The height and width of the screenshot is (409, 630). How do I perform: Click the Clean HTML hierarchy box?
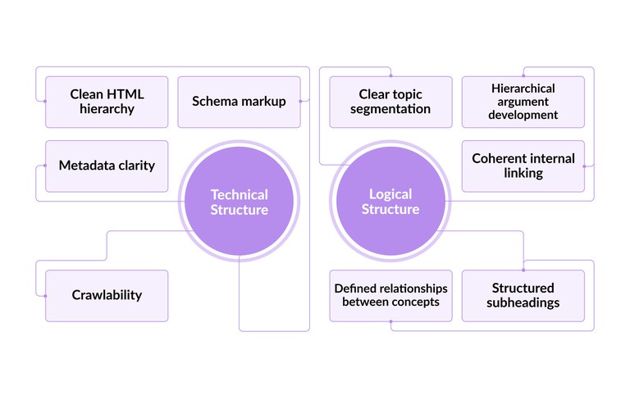tap(107, 102)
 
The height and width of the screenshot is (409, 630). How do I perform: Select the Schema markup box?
tap(239, 102)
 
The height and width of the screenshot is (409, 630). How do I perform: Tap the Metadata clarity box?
tap(107, 166)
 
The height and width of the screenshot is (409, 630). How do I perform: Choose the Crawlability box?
tap(107, 295)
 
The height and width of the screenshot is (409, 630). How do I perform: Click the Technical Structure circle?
tap(239, 202)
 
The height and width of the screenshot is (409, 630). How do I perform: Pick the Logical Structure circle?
tap(390, 202)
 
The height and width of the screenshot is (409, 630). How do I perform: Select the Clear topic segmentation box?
tap(390, 102)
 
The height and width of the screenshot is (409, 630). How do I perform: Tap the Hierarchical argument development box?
tap(523, 102)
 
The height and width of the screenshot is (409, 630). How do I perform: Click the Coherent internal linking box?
tap(523, 166)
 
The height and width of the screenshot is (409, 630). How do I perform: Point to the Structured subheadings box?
tap(523, 295)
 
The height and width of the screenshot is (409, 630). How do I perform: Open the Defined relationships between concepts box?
tap(390, 295)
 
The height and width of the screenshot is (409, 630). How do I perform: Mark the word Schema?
tap(216, 102)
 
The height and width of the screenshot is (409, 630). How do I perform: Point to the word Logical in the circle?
tap(390, 194)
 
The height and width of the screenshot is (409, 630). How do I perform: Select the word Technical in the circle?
tap(239, 194)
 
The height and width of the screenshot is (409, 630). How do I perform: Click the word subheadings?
tap(523, 302)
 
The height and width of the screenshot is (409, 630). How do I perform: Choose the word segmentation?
tap(390, 109)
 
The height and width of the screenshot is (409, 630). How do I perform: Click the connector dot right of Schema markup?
tap(301, 102)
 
